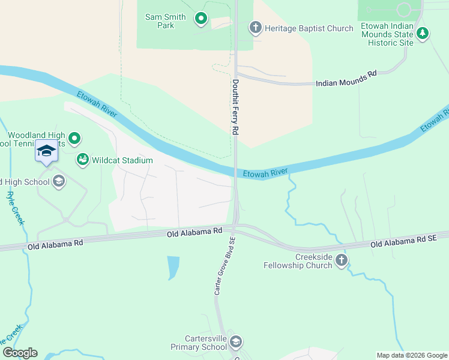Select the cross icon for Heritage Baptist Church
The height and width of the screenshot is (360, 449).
pyautogui.click(x=255, y=28)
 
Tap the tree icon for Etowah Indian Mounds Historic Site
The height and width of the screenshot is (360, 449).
pyautogui.click(x=423, y=34)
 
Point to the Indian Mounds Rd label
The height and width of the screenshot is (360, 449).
pyautogui.click(x=346, y=78)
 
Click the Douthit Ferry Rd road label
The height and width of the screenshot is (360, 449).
pyautogui.click(x=236, y=107)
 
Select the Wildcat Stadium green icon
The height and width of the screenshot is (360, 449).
pyautogui.click(x=82, y=160)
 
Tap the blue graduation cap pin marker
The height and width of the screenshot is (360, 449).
pyautogui.click(x=46, y=151)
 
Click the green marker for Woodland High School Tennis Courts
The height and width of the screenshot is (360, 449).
pyautogui.click(x=74, y=139)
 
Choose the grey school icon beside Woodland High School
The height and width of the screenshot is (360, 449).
pyautogui.click(x=59, y=181)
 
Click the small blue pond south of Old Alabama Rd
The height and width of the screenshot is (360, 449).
pyautogui.click(x=173, y=267)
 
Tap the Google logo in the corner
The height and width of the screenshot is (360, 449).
pyautogui.click(x=19, y=353)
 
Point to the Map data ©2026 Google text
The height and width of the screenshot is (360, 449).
pyautogui.click(x=411, y=355)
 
